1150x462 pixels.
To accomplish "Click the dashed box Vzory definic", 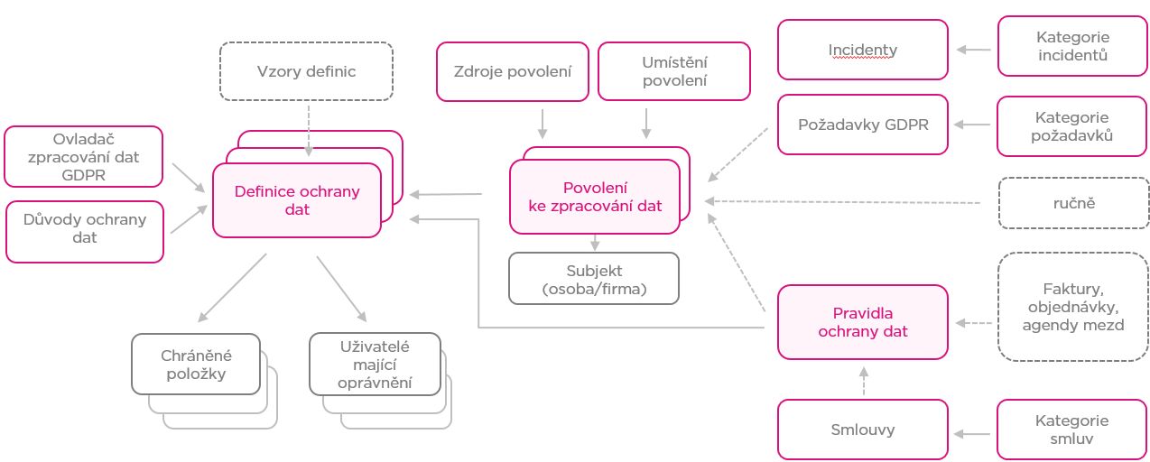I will coord(307,71).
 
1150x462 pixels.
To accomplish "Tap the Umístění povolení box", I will coord(673,71).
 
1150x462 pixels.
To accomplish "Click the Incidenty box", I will coord(863,50).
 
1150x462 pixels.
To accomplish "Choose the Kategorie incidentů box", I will coord(1072,47).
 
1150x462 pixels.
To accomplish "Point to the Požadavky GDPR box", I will coord(863,125).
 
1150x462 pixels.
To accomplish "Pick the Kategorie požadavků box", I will coord(1072,126).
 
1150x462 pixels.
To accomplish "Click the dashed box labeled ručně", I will coord(1072,203).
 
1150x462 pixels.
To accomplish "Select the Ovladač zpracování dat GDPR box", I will coord(84,158).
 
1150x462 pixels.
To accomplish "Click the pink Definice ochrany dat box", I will coord(297,200).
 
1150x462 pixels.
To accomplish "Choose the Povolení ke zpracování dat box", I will coord(595,198).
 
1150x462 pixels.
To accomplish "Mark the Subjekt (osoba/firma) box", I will coord(594,278).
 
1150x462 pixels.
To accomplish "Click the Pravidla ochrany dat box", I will coord(863,322).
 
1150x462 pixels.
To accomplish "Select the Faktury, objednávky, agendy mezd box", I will coord(1072,307).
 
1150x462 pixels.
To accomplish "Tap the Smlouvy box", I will coord(863,430).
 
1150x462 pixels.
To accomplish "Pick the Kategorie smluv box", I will coord(1072,430).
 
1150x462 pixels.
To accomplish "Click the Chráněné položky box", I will coord(195,364).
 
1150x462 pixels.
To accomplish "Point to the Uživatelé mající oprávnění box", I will coord(375,364).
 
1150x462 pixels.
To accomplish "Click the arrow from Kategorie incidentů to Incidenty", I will coord(973,50).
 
